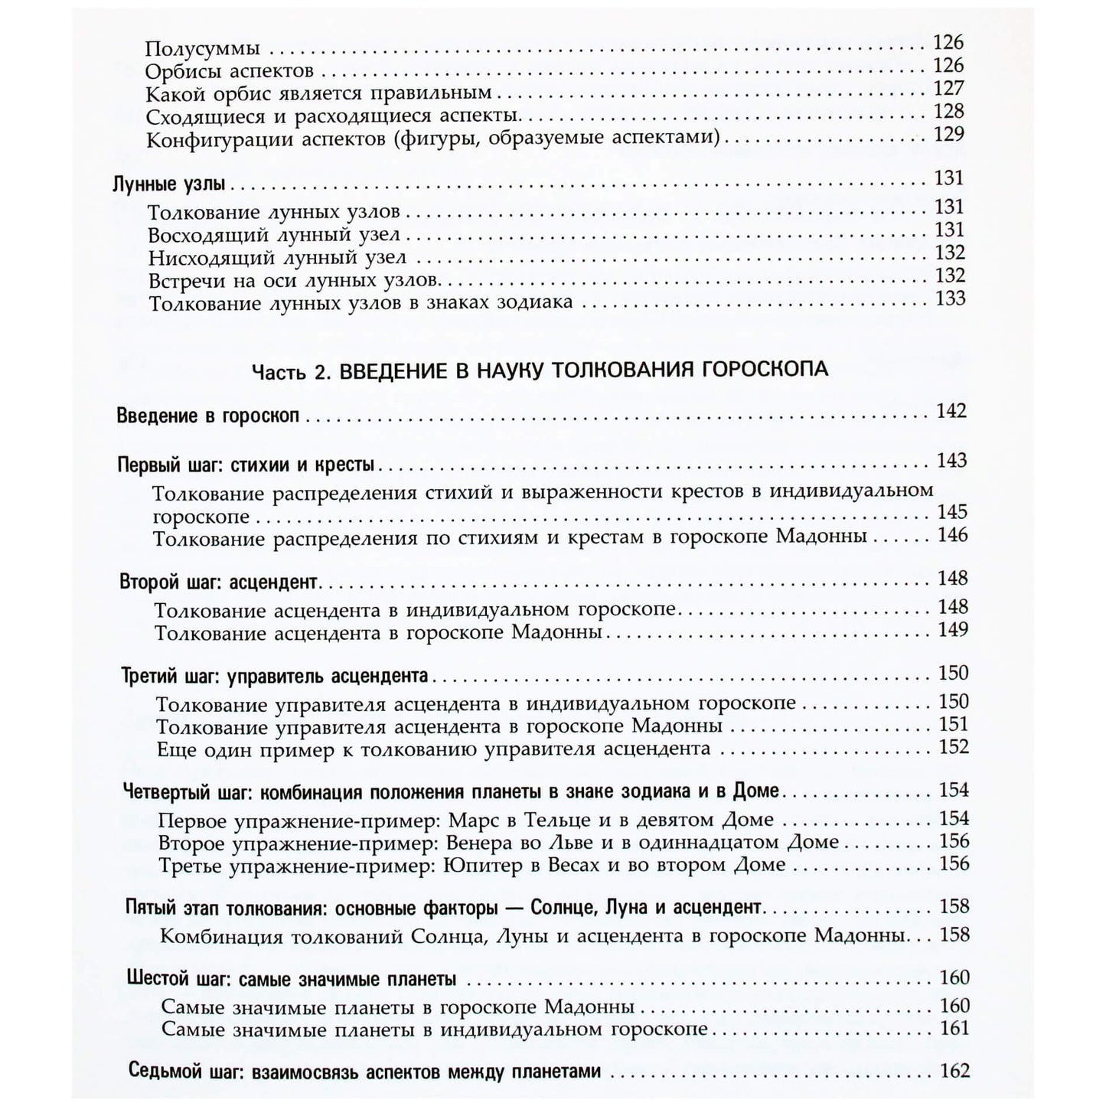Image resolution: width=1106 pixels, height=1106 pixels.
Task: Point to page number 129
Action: [x=949, y=134]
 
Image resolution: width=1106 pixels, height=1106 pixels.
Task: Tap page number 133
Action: [x=950, y=299]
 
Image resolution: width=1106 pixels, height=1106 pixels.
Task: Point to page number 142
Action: [x=951, y=411]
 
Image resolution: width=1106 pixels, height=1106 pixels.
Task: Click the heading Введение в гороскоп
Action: [x=207, y=417]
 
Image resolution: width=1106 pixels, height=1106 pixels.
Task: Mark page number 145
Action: [x=953, y=511]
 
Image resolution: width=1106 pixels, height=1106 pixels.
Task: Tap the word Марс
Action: [x=471, y=820]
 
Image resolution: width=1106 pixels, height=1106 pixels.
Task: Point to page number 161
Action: [x=954, y=1028]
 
